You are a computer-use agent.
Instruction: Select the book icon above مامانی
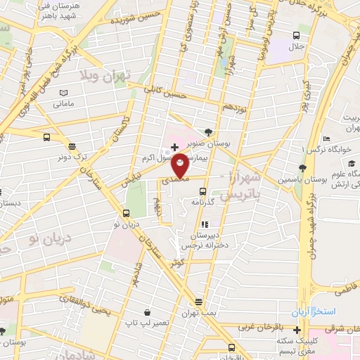[64, 93]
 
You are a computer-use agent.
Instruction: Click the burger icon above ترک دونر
[72, 146]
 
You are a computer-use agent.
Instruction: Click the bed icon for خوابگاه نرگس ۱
[326, 139]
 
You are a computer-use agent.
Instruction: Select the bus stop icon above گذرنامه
[202, 191]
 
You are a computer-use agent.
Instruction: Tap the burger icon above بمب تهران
[198, 302]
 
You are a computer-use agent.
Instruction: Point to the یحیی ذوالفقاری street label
[105, 299]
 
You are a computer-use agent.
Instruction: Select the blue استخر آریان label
[315, 310]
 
